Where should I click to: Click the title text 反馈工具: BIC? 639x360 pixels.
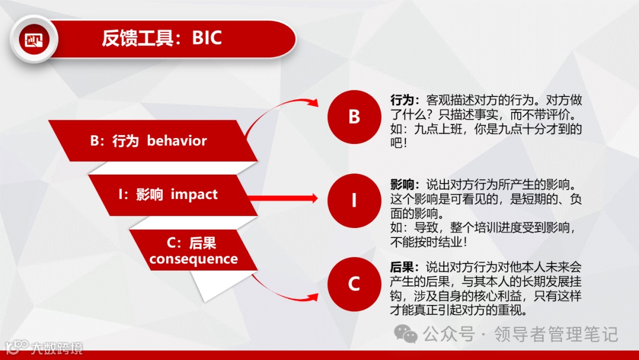click(162, 38)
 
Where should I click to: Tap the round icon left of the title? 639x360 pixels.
click(34, 40)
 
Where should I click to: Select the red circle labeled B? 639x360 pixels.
click(354, 117)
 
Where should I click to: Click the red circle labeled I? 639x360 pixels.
click(354, 201)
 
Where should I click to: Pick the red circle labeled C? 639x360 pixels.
click(354, 284)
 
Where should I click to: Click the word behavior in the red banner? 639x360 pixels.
click(177, 141)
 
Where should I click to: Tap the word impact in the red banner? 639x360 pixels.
click(194, 194)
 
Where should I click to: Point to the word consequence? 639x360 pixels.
click(193, 259)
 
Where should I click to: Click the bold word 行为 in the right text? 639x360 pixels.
click(402, 100)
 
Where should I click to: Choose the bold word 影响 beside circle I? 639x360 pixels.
click(402, 184)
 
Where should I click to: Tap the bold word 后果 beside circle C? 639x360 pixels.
click(402, 268)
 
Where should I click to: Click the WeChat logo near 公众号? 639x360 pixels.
click(406, 334)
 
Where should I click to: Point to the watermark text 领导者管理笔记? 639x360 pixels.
click(556, 335)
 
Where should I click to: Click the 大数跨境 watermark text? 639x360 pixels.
click(57, 348)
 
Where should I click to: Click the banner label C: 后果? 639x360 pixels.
click(191, 243)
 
